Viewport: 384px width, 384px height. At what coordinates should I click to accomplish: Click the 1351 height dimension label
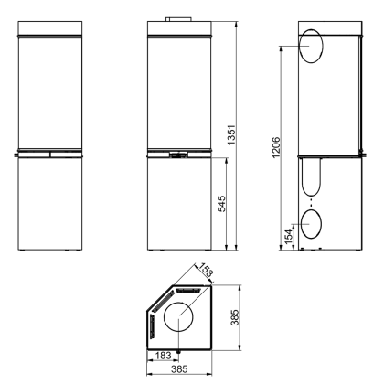(232, 134)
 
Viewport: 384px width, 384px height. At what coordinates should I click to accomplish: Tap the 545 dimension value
(221, 204)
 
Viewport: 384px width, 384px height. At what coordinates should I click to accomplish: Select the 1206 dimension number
(276, 147)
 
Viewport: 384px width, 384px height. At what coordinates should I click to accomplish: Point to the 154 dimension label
(288, 237)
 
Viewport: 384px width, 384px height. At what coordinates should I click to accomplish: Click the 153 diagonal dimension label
(205, 270)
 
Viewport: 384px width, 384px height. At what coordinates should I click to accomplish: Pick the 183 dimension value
(163, 356)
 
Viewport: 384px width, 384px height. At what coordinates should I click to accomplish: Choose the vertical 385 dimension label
(235, 317)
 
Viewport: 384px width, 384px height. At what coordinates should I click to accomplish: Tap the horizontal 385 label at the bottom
(179, 369)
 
